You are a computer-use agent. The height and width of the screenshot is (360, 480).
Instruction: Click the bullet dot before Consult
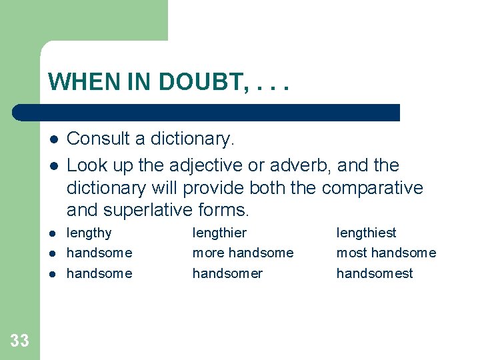point(53,139)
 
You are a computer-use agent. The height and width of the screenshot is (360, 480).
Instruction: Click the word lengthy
point(89,233)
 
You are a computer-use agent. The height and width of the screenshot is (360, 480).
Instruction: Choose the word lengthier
point(219,233)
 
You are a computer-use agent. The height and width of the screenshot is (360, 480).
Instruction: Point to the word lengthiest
point(366,233)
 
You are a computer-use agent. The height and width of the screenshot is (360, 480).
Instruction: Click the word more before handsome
point(208,253)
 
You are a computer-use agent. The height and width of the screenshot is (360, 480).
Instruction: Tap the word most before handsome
point(351,253)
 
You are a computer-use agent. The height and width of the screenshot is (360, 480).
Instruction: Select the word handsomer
point(227,273)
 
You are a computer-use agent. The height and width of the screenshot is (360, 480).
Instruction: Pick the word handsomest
point(375,273)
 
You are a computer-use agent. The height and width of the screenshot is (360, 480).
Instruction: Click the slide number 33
point(20,341)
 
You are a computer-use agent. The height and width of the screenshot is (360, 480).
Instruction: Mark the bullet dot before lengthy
point(53,233)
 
